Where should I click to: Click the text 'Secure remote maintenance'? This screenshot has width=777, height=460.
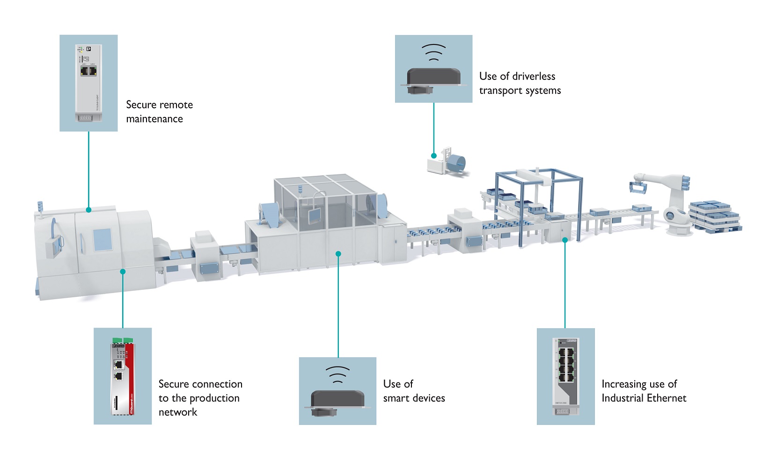[x=159, y=112]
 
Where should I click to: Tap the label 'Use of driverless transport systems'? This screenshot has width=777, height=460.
[x=520, y=83]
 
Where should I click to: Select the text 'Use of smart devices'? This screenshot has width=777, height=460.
[x=414, y=391]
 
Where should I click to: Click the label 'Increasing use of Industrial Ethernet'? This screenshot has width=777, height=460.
[x=644, y=391]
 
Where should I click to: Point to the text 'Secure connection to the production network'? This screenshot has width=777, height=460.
[x=200, y=398]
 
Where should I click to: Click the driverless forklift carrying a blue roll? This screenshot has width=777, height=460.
[x=447, y=162]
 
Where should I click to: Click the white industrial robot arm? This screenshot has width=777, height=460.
[x=669, y=196]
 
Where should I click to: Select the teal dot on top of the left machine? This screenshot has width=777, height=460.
[x=88, y=210]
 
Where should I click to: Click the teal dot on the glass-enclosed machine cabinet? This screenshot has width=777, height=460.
[x=338, y=254]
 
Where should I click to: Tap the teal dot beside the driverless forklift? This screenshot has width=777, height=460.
[x=434, y=156]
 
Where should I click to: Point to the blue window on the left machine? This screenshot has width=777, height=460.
[x=102, y=240]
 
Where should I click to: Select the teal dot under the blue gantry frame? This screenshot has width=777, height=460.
[x=565, y=240]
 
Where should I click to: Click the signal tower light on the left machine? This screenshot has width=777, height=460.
[x=40, y=208]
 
